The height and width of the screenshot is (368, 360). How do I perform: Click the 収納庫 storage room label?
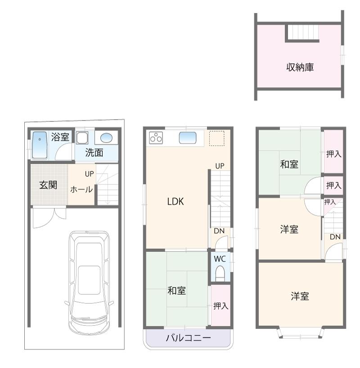300,67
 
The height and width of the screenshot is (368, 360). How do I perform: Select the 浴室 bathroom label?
60,137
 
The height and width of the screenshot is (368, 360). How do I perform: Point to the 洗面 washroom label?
94,153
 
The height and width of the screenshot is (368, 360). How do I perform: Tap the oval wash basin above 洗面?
107,138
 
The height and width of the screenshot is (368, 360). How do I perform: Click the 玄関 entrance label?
48,184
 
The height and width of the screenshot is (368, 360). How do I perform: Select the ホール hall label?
81,189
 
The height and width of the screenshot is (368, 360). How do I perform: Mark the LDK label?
175,202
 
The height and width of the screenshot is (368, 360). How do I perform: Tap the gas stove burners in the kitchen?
156,137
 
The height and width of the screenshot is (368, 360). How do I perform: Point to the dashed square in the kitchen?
216,138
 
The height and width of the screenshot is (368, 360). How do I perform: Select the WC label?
220,259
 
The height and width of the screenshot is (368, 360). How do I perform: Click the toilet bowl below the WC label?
220,274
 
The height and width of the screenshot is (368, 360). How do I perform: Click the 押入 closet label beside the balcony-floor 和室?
220,306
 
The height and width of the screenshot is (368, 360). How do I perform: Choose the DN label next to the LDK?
219,231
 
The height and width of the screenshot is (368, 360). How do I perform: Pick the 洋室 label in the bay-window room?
300,296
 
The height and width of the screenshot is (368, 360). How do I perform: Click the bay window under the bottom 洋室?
300,333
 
